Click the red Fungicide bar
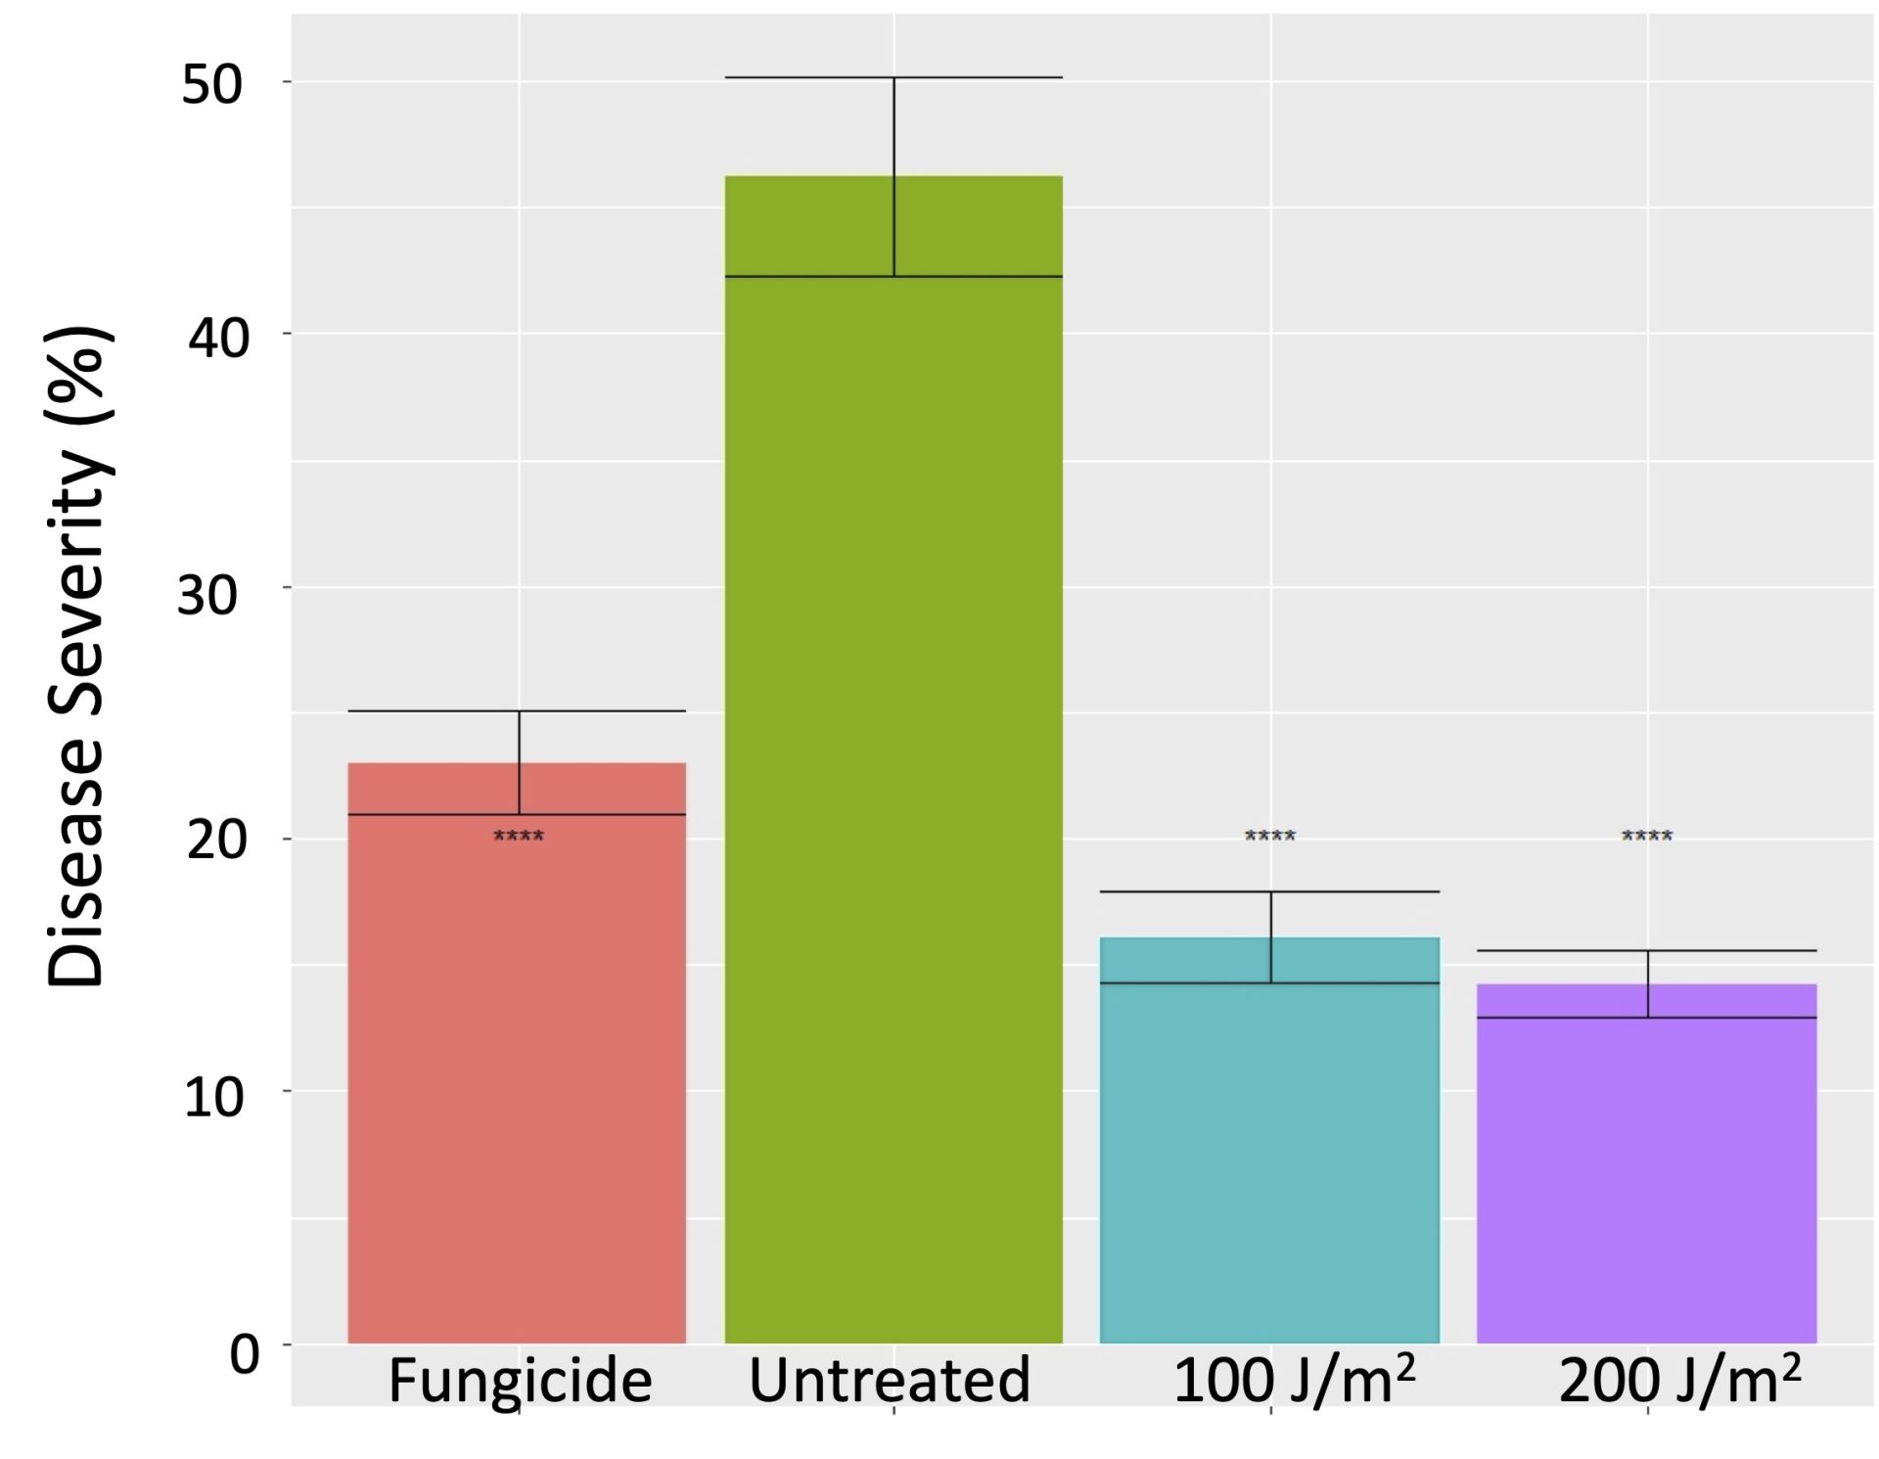517,1076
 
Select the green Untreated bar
893,783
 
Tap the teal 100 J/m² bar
1269,1155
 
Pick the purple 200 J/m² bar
1646,1174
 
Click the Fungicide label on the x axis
520,1381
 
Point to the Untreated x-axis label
890,1381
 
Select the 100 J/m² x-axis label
1294,1379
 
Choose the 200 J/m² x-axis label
1679,1379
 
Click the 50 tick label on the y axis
211,84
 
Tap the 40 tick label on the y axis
218,338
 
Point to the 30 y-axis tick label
206,594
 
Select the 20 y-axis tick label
215,840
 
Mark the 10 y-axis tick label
213,1097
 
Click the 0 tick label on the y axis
245,1354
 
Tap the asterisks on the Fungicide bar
519,837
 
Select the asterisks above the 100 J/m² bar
1269,837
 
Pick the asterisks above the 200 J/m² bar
1646,837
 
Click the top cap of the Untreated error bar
893,77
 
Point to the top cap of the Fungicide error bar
517,711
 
